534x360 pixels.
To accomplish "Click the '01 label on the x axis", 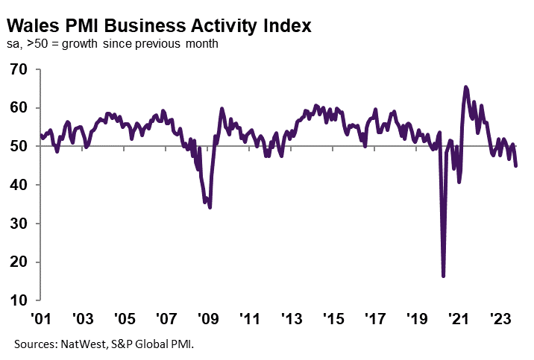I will coord(40,319).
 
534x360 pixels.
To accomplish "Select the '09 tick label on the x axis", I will coord(207,319).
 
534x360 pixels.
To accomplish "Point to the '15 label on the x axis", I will coord(333,319).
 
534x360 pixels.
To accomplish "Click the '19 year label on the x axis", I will coord(417,319).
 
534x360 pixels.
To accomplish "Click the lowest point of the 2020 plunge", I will coord(444,276).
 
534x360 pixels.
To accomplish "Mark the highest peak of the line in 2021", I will coord(466,87).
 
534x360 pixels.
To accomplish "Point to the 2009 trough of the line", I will coord(210,207).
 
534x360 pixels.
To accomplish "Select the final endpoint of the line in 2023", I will coord(516,165).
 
